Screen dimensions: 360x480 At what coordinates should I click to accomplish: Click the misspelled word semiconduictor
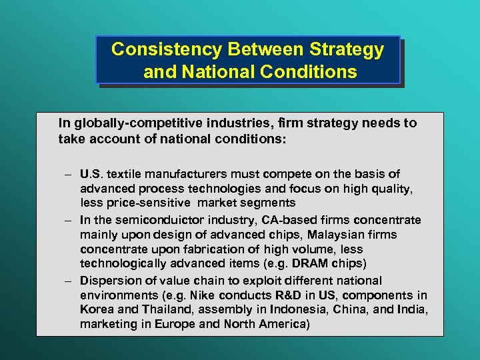[187, 220]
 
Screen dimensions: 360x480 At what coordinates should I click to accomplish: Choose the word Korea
[96, 310]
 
